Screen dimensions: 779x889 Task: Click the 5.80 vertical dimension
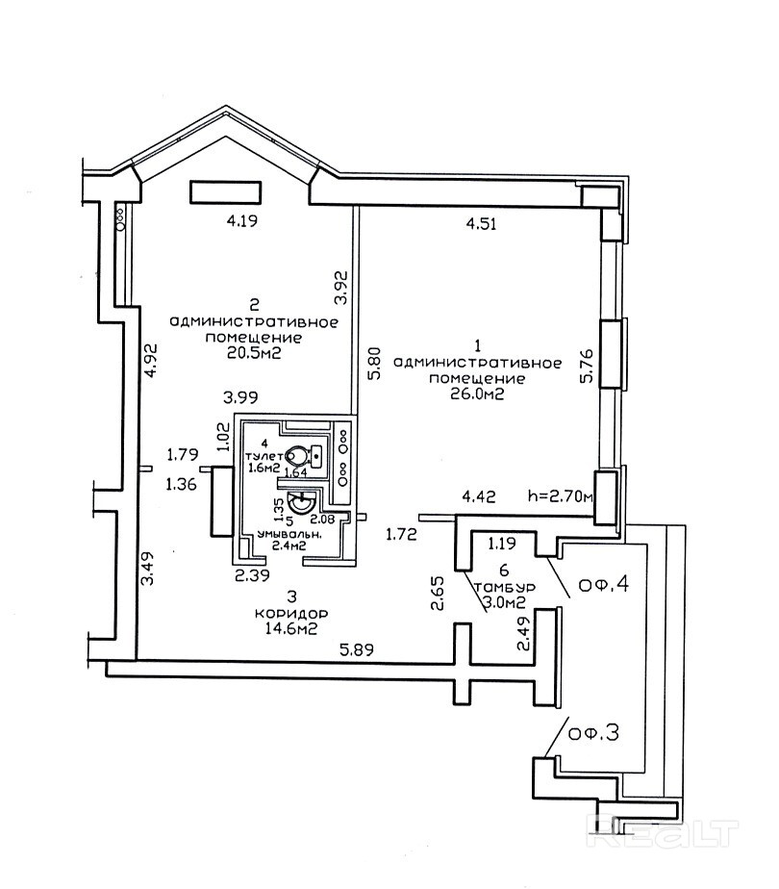373,368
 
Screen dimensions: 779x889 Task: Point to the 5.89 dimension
356,650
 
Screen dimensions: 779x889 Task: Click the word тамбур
498,587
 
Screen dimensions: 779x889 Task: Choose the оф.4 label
604,583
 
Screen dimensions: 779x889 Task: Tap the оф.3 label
592,733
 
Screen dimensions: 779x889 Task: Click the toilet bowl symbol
307,453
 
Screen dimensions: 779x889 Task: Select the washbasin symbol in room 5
302,502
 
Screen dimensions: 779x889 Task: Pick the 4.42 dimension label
481,497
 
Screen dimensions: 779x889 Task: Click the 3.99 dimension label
242,396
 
